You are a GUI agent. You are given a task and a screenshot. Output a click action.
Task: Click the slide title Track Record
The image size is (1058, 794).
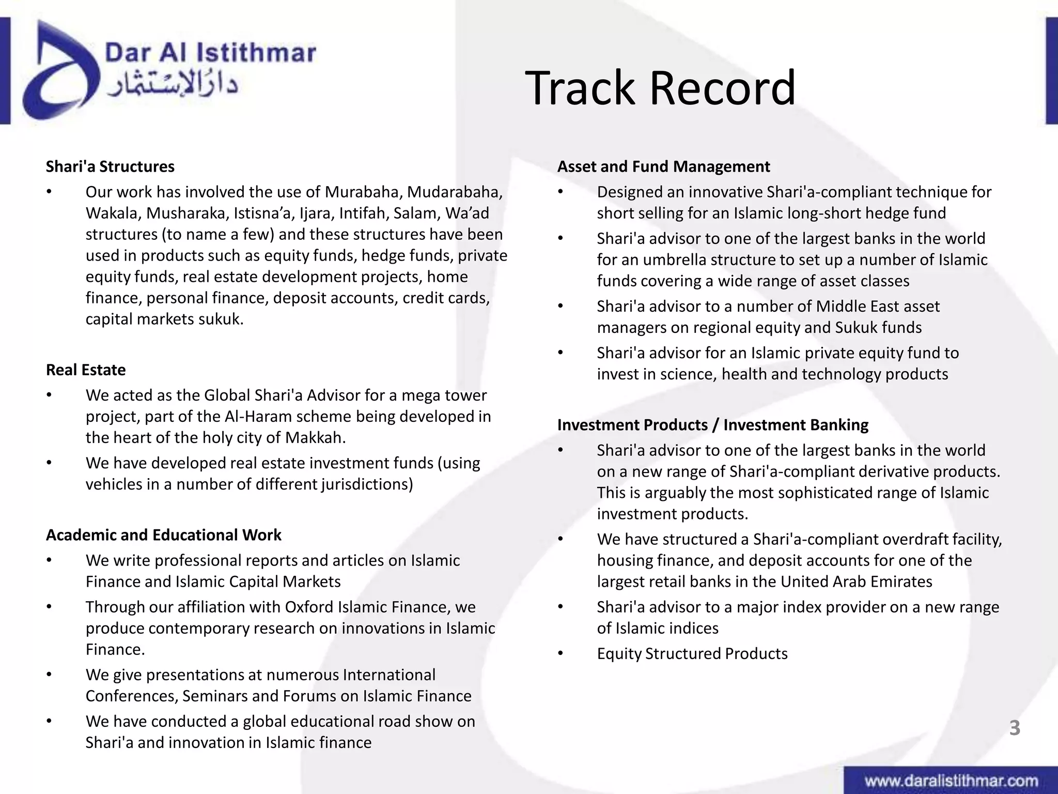(660, 88)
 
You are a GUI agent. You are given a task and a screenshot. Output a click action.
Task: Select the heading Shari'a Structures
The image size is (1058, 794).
(110, 166)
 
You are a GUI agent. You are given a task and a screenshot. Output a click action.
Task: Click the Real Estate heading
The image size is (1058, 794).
(86, 370)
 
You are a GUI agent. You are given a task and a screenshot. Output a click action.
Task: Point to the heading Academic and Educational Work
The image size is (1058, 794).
(163, 535)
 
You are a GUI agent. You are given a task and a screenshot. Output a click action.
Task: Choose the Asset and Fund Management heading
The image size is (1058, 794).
(663, 166)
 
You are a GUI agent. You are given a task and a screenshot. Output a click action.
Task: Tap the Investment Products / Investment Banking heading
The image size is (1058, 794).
(712, 425)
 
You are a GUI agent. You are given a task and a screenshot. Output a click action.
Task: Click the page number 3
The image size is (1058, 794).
(1015, 728)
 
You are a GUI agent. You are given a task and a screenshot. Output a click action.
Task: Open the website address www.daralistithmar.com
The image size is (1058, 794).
(951, 781)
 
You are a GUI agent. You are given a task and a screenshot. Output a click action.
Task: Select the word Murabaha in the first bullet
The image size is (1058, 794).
(363, 192)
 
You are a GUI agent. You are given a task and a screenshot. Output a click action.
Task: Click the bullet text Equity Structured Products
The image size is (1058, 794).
(692, 653)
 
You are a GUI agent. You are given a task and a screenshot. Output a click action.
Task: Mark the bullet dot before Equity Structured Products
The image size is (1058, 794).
(561, 653)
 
